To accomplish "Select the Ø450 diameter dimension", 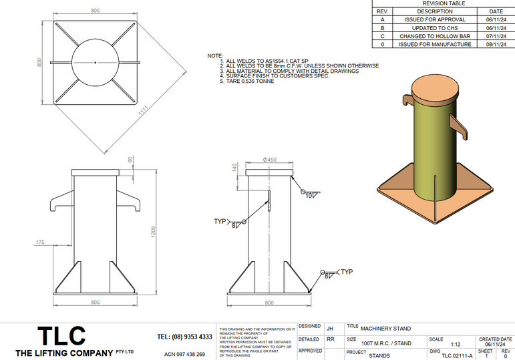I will (270, 161).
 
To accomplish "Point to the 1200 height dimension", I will (153, 232).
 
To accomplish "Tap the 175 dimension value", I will (39, 243).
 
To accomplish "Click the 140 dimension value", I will (234, 172).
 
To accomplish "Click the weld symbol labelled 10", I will (309, 195).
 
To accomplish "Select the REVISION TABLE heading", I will (444, 3).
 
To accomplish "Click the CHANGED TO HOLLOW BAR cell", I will (435, 36).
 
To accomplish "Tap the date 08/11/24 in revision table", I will (496, 44).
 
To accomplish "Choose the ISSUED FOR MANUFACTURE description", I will (435, 44).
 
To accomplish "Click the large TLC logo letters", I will (61, 335).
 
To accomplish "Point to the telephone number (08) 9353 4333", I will (184, 337).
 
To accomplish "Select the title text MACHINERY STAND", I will (386, 328).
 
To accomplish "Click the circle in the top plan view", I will (96, 63).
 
